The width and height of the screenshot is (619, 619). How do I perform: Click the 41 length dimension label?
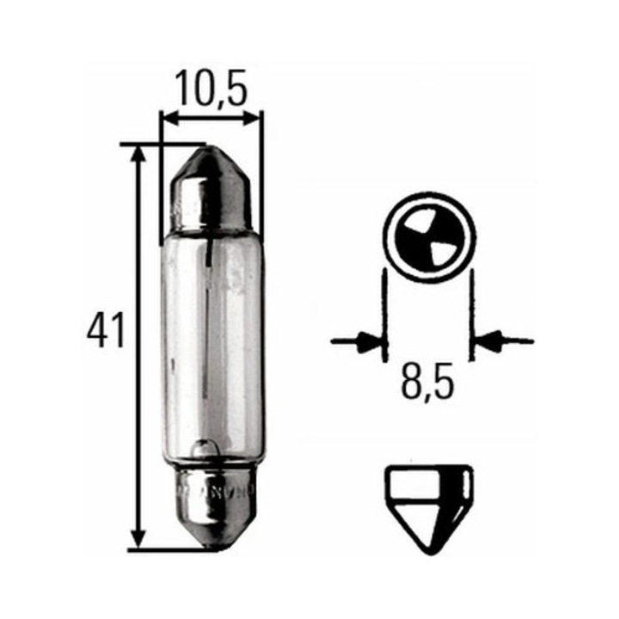(x=106, y=332)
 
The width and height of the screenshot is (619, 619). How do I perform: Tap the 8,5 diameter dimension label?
(x=428, y=384)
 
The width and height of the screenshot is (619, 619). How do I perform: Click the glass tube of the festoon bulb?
(x=211, y=344)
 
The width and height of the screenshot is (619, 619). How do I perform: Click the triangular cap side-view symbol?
(x=428, y=507)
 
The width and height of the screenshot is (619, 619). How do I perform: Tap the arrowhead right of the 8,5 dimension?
(x=484, y=341)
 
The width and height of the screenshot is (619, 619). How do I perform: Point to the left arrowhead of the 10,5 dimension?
(x=169, y=117)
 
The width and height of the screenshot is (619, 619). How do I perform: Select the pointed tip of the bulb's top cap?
(x=211, y=151)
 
